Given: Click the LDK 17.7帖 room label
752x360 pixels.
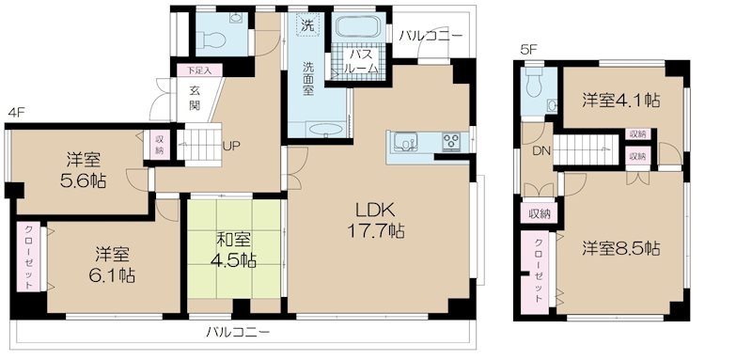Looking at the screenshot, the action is click(375, 220).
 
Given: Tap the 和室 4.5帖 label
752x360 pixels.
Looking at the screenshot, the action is click(233, 250).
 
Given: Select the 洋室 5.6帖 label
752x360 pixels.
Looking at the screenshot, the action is click(83, 170).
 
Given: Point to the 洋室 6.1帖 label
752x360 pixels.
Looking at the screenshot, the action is click(111, 263).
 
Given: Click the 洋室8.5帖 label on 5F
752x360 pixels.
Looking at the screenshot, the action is click(621, 248).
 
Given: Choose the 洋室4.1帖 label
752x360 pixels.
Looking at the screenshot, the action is click(621, 101).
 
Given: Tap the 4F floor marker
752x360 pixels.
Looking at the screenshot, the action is click(15, 113).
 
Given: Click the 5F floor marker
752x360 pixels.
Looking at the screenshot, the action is click(527, 49).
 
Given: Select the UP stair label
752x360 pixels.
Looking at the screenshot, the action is click(229, 147).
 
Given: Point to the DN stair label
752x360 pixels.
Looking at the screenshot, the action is click(540, 149).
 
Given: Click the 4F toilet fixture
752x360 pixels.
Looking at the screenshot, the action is click(211, 39).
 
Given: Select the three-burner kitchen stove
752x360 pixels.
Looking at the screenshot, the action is click(451, 141).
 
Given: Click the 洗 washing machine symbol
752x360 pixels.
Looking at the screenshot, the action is click(306, 23).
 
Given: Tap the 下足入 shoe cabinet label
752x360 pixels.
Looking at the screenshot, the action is click(199, 70).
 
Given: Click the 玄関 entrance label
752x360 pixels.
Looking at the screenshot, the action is click(195, 98).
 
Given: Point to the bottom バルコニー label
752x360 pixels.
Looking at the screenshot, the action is click(239, 332).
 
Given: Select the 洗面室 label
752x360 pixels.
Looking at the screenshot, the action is click(308, 79).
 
